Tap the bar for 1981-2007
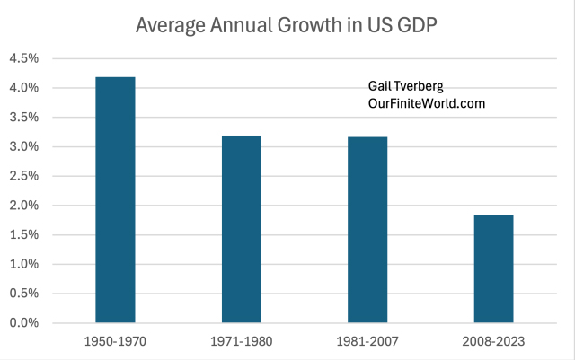368,230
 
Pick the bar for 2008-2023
494,268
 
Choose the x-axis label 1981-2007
368,342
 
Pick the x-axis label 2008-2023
494,342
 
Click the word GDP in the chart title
418,25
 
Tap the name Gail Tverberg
406,87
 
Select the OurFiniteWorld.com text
427,103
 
